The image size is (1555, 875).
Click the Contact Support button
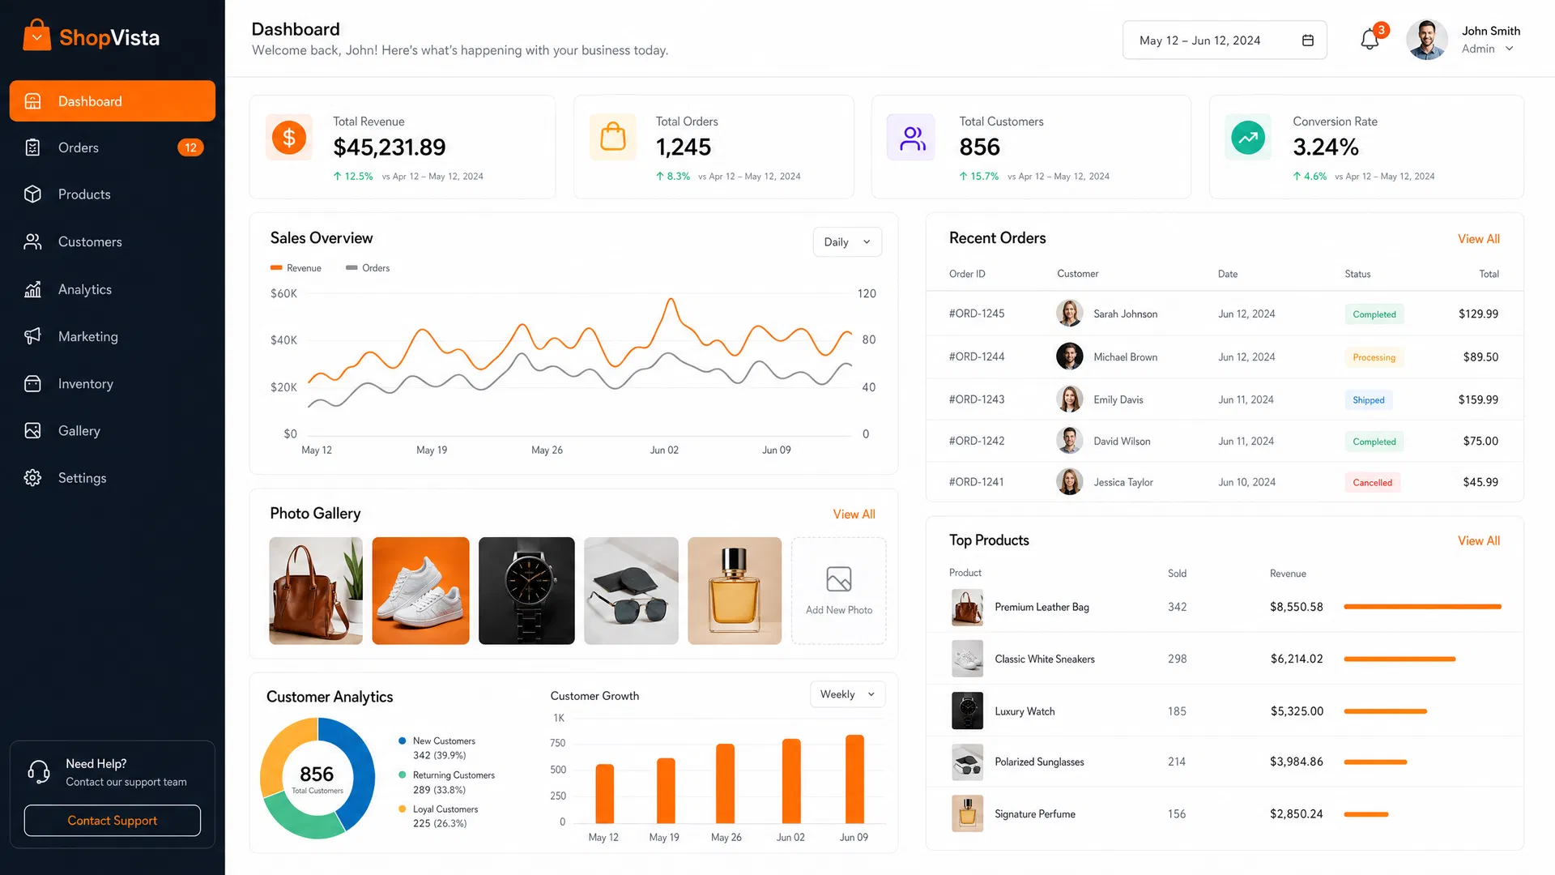(113, 820)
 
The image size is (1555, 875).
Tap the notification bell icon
(1370, 39)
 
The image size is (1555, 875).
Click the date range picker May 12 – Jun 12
(1225, 41)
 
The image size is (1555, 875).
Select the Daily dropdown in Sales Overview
(847, 241)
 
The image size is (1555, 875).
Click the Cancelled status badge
(1372, 482)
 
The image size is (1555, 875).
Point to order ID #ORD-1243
(977, 399)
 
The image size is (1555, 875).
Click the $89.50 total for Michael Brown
(1480, 356)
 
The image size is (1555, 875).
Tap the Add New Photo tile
(839, 591)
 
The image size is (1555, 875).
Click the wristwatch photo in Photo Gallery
(526, 591)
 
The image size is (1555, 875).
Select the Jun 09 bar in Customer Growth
(854, 779)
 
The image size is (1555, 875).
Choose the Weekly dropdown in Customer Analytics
(847, 694)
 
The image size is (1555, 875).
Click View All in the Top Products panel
(1479, 540)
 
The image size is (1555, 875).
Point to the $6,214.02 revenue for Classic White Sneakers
(1297, 659)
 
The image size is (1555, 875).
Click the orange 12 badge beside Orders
(190, 147)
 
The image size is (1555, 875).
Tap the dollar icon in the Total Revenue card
(289, 137)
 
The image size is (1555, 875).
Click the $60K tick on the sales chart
(283, 293)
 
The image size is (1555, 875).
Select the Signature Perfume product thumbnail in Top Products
(967, 813)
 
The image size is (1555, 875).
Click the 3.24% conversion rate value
(1326, 147)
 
